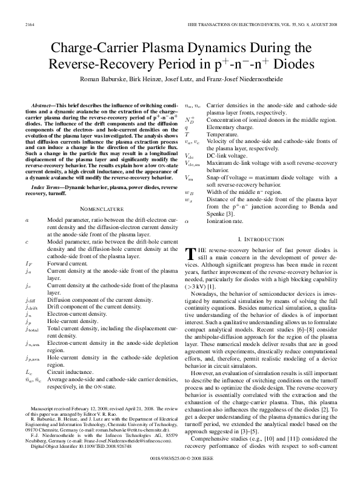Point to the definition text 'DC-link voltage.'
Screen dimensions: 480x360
point(227,156)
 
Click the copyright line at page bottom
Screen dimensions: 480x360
point(180,468)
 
